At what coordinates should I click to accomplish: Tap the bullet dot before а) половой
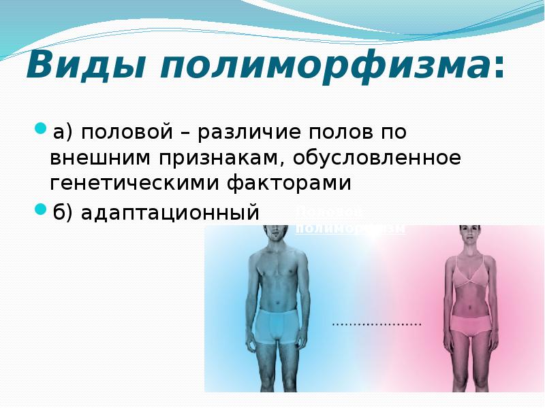point(40,128)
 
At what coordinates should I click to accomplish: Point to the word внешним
point(101,157)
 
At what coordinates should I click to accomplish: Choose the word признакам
point(220,157)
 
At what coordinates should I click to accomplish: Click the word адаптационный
point(170,213)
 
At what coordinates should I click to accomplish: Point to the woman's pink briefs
point(469,326)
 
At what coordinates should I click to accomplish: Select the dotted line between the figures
point(377,324)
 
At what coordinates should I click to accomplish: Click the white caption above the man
point(350,222)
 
